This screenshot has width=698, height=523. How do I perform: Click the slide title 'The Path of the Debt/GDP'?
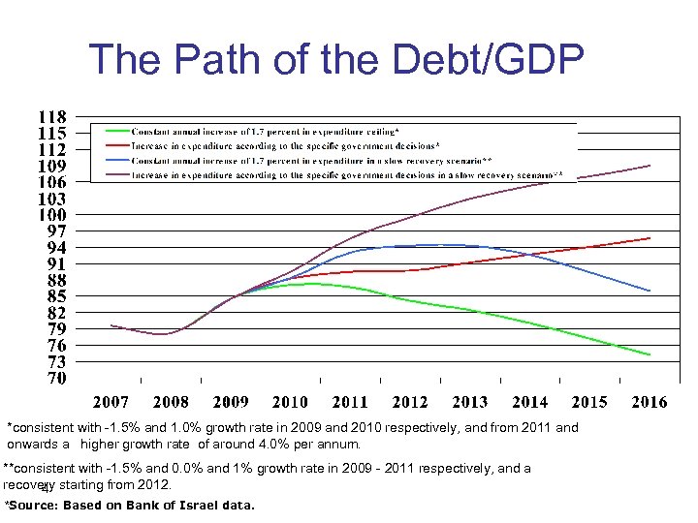coord(335,60)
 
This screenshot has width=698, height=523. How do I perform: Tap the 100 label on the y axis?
coord(51,214)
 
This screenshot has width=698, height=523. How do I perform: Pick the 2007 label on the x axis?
coord(111,402)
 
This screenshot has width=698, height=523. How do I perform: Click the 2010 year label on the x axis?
coord(290,402)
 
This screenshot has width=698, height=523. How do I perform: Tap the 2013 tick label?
coord(470,402)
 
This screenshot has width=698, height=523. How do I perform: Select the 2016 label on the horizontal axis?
coord(650,402)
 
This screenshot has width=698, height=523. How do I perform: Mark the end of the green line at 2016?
coord(650,354)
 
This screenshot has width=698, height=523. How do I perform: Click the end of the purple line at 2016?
coord(650,166)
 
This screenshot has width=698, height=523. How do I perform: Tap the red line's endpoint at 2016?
coord(650,238)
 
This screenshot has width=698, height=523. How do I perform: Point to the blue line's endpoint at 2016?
coord(650,291)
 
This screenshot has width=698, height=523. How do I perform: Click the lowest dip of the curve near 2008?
coord(163,334)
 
